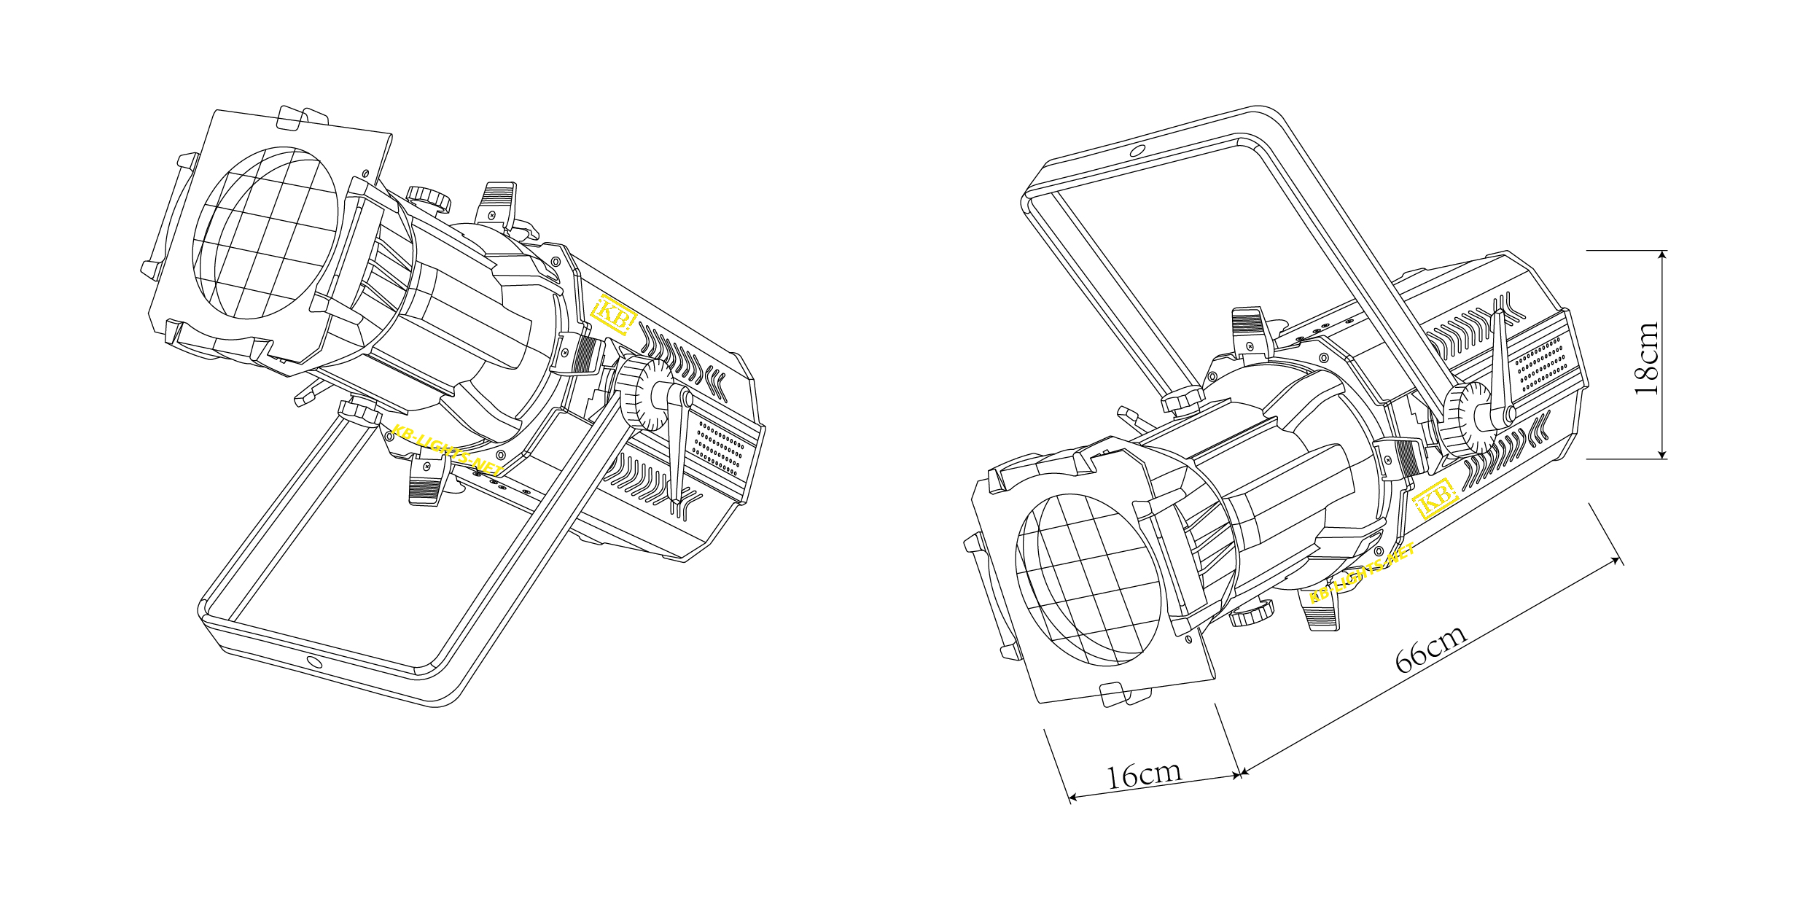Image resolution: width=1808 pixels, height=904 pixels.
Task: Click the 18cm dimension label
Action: tap(1646, 358)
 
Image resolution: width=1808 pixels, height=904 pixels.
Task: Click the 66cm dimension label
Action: tap(1430, 650)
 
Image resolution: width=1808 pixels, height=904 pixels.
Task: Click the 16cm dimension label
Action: tap(1143, 776)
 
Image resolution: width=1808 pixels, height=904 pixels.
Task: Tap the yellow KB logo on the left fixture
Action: tap(613, 316)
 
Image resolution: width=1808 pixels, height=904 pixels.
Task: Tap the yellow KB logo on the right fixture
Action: tap(1435, 499)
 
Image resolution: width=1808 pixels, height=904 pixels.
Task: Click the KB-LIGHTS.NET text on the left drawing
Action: tap(446, 446)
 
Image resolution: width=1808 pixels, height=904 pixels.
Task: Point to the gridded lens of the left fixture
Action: tap(266, 233)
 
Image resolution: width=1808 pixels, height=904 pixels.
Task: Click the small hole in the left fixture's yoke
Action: tap(313, 662)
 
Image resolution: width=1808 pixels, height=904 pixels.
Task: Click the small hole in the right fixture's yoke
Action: tap(1135, 152)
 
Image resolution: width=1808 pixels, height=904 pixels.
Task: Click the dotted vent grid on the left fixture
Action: tap(718, 447)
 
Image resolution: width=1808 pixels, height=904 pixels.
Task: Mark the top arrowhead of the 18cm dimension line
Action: tap(1662, 255)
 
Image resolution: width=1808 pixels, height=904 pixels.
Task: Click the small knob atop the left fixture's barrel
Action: tap(428, 197)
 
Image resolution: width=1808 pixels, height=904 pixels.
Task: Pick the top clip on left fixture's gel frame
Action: tap(303, 119)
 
